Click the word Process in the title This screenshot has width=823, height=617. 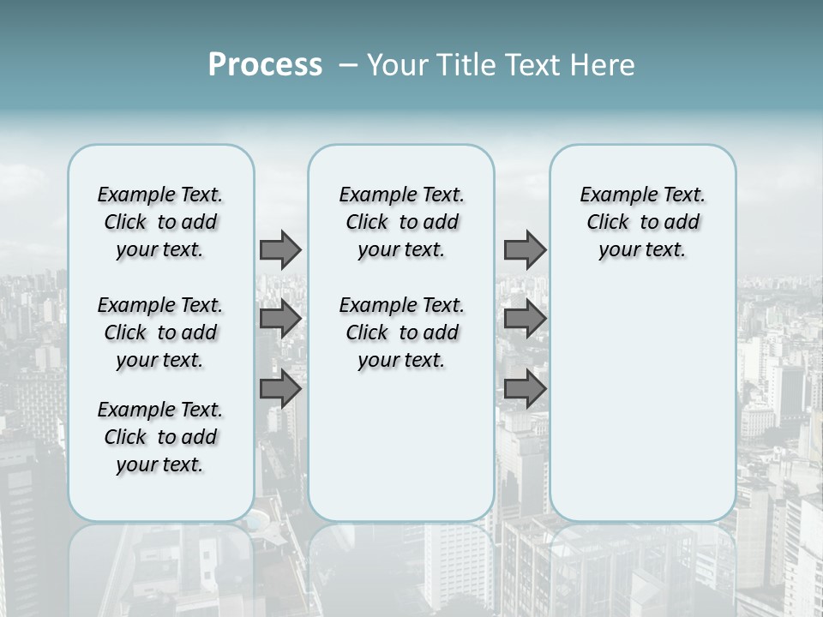tap(265, 64)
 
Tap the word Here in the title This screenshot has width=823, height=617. tap(604, 65)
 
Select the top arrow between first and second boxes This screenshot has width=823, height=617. tap(280, 250)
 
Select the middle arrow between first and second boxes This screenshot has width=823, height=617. tap(280, 320)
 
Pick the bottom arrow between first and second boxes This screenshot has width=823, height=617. tap(280, 389)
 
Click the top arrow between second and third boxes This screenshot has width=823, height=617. tap(525, 250)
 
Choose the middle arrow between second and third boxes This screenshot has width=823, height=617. tap(525, 320)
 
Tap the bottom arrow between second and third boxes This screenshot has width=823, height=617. tap(525, 389)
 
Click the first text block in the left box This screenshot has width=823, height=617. tap(160, 222)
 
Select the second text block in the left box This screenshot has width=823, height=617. tap(160, 332)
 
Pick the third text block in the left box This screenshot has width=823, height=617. tap(160, 437)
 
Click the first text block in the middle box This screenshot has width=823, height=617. tap(401, 222)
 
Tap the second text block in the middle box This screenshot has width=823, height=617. tap(401, 332)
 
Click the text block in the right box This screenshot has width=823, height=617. tap(643, 222)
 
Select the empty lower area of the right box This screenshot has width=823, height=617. tap(643, 403)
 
